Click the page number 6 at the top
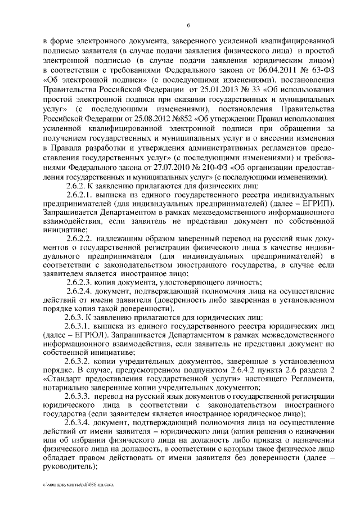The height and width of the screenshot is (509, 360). pyautogui.click(x=189, y=25)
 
